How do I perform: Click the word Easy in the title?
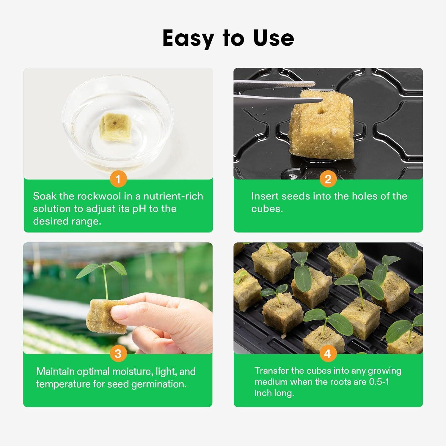tap(188, 39)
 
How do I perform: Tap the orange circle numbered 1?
tap(118, 179)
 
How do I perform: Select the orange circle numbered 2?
tap(328, 179)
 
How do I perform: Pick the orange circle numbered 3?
tap(118, 354)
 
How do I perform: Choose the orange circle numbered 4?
tap(328, 354)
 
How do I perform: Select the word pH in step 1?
tap(139, 209)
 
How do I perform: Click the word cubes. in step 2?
tap(267, 209)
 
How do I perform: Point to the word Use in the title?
tap(274, 39)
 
